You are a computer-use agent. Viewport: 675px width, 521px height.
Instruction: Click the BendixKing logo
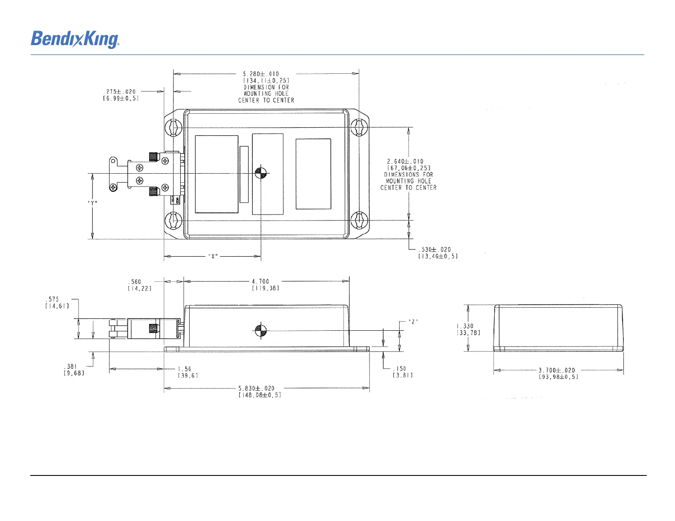pyautogui.click(x=75, y=39)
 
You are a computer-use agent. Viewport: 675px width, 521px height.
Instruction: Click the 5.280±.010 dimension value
pyautogui.click(x=261, y=74)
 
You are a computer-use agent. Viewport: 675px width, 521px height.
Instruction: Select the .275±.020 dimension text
pyautogui.click(x=120, y=92)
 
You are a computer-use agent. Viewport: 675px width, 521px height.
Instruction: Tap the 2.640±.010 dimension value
pyautogui.click(x=405, y=161)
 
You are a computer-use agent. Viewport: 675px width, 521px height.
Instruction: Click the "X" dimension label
pyautogui.click(x=213, y=256)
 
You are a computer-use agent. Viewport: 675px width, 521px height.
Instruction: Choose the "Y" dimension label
pyautogui.click(x=92, y=203)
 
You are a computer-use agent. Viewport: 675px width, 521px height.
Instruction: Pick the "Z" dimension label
pyautogui.click(x=413, y=322)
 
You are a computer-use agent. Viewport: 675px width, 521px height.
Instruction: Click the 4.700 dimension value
pyautogui.click(x=260, y=281)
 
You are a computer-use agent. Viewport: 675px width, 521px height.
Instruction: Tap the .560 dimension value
pyautogui.click(x=135, y=282)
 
